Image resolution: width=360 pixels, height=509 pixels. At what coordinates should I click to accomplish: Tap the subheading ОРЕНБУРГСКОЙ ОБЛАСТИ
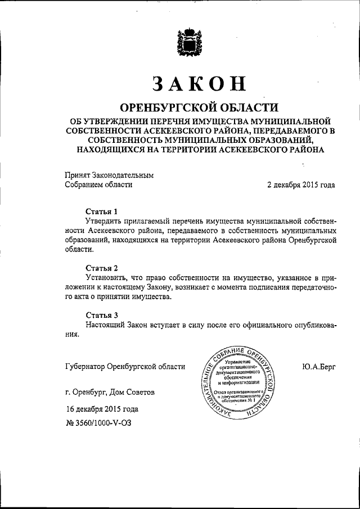pyautogui.click(x=200, y=107)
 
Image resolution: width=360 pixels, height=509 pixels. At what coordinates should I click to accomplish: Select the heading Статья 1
pyautogui.click(x=102, y=211)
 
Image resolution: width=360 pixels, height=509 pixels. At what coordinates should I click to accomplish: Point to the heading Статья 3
pyautogui.click(x=102, y=314)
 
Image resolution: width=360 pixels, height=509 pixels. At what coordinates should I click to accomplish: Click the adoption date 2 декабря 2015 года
pyautogui.click(x=301, y=185)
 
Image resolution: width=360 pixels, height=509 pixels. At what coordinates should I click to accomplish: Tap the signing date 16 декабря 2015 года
pyautogui.click(x=101, y=409)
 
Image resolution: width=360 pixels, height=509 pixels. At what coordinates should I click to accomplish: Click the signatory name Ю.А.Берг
pyautogui.click(x=318, y=367)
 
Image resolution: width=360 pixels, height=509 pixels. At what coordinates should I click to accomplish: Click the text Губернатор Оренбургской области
pyautogui.click(x=125, y=367)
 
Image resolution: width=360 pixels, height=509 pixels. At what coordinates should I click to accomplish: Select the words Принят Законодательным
pyautogui.click(x=109, y=175)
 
